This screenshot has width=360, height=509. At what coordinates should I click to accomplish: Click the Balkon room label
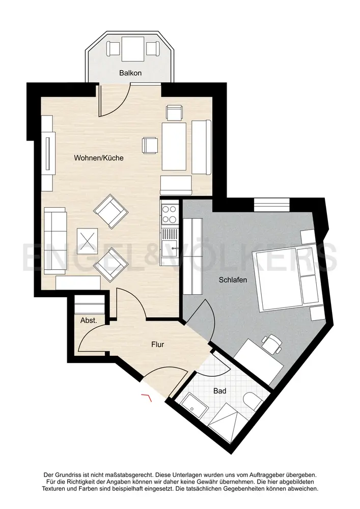tap(130, 73)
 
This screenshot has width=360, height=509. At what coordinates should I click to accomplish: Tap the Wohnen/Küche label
tap(99, 158)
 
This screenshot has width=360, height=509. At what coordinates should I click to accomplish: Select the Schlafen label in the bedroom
tap(233, 280)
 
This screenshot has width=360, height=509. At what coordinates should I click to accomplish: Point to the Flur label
tap(157, 345)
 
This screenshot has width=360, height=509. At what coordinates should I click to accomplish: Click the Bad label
tap(220, 391)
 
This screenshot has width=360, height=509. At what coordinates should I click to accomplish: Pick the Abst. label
tap(89, 320)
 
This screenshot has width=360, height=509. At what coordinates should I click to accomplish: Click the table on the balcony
tap(133, 49)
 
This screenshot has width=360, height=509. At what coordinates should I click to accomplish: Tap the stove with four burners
tap(170, 214)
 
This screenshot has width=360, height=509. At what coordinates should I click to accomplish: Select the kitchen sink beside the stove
tap(170, 238)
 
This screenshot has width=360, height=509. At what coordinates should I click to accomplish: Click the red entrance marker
tap(147, 397)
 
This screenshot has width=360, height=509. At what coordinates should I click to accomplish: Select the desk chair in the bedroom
tap(272, 344)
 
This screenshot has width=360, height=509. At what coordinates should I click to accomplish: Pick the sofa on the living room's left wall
tap(54, 240)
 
